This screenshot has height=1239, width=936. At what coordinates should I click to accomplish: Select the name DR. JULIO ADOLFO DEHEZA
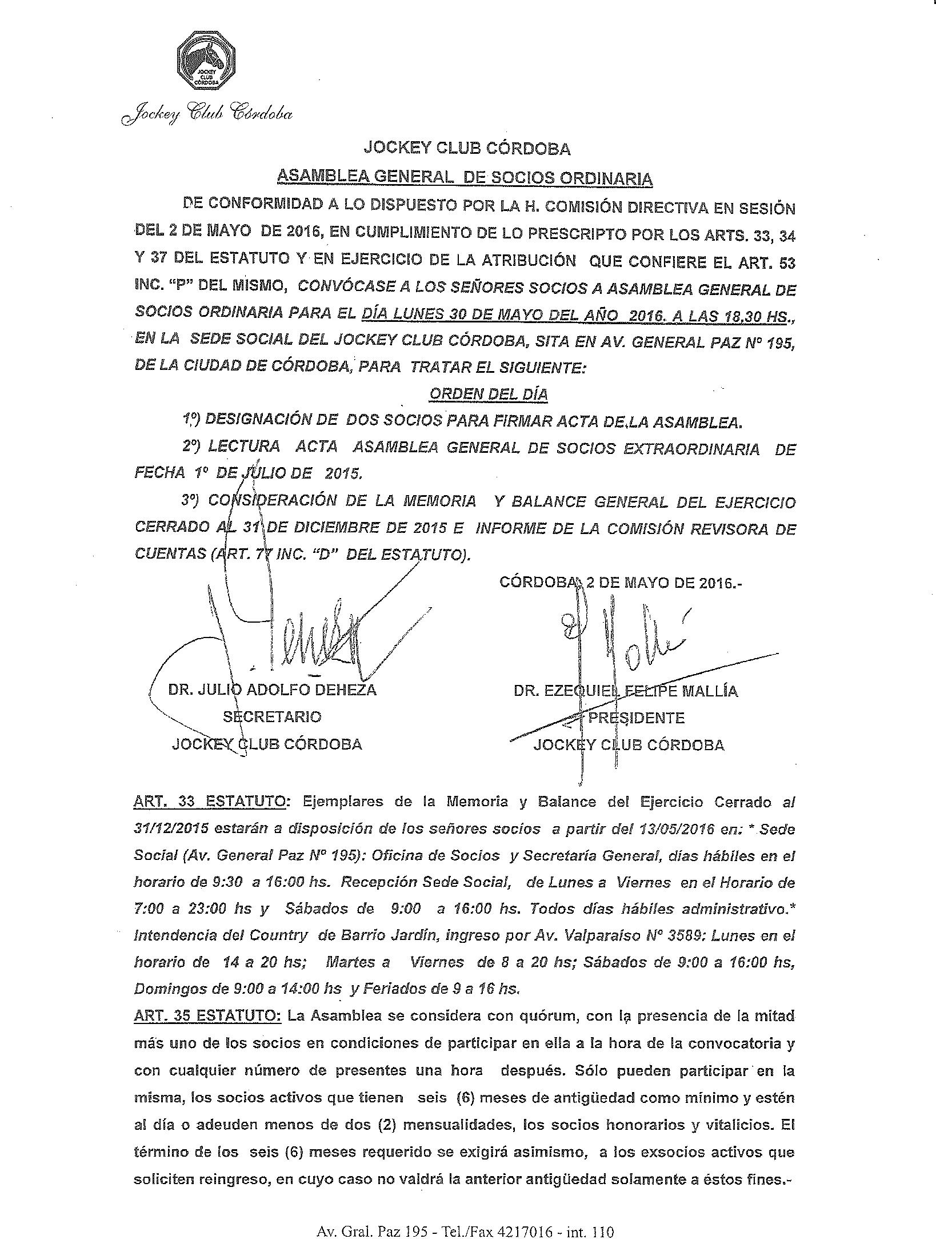tap(272, 690)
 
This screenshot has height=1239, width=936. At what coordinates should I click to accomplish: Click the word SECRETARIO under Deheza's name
tap(272, 716)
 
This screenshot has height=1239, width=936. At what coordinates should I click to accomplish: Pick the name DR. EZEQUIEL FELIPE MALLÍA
tap(626, 691)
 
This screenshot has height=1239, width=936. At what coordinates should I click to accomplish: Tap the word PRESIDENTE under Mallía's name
tap(636, 718)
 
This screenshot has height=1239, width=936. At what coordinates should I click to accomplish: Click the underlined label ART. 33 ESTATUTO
tap(210, 802)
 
